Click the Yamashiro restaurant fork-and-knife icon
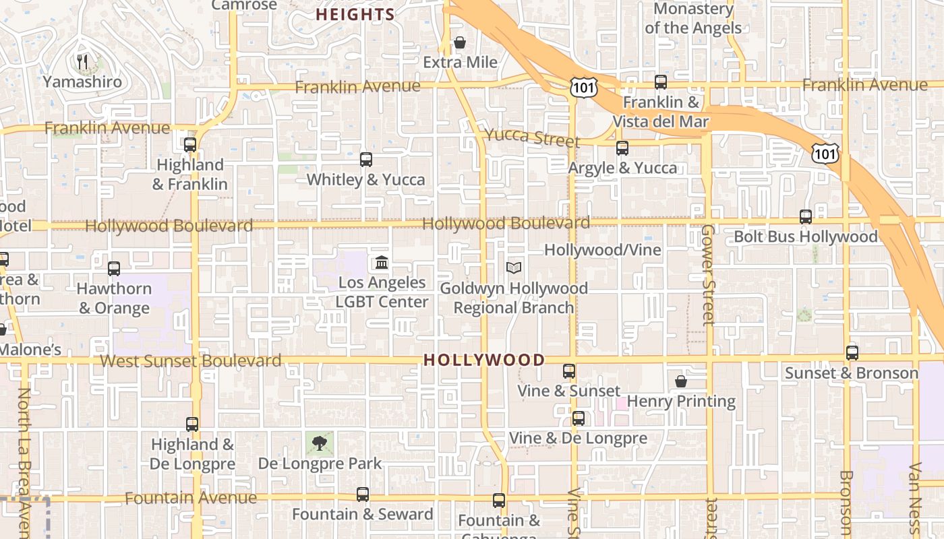[x=83, y=62]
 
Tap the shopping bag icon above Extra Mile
[x=460, y=43]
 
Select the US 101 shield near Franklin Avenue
[x=581, y=86]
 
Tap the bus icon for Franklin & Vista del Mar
[x=661, y=82]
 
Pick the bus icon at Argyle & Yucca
[x=622, y=148]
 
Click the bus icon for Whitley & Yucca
[x=366, y=160]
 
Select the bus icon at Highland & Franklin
[x=190, y=144]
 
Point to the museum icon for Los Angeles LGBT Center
[x=382, y=262]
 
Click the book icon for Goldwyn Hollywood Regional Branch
[x=514, y=268]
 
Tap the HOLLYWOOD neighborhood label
[x=483, y=360]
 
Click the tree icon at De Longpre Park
[x=320, y=443]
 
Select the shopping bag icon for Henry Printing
[x=681, y=381]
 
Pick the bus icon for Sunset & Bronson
[x=852, y=353]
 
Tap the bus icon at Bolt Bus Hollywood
[x=806, y=217]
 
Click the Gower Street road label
[x=707, y=275]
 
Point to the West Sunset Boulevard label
[x=190, y=361]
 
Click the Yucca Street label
[x=532, y=137]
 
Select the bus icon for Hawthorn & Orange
[x=114, y=269]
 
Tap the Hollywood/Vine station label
[x=602, y=250]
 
